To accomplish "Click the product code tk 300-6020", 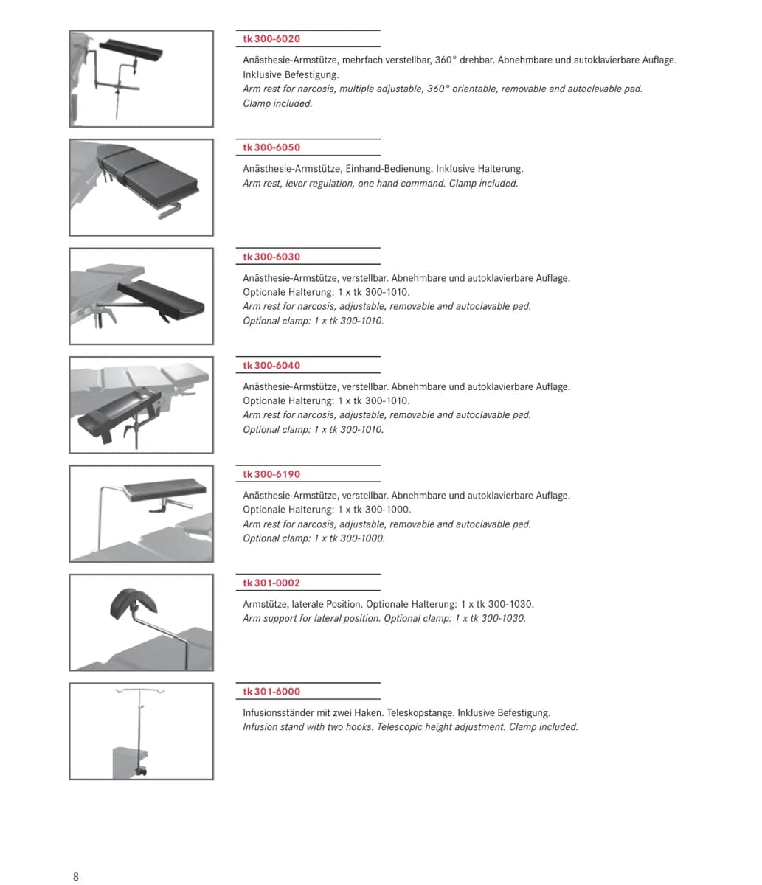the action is (x=271, y=39).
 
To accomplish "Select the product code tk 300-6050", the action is (x=271, y=147).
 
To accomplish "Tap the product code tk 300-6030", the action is (x=271, y=257).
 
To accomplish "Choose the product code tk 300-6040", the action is (x=271, y=366).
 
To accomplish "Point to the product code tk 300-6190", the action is (x=271, y=474).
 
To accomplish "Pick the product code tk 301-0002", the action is (x=271, y=583).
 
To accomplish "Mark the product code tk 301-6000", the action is (x=271, y=692).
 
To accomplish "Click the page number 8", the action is (x=76, y=876).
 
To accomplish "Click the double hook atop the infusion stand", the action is (x=140, y=690).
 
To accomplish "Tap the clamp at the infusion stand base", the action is (x=141, y=771).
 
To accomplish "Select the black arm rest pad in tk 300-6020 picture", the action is (x=131, y=51).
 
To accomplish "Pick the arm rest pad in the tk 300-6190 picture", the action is (x=164, y=490).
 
